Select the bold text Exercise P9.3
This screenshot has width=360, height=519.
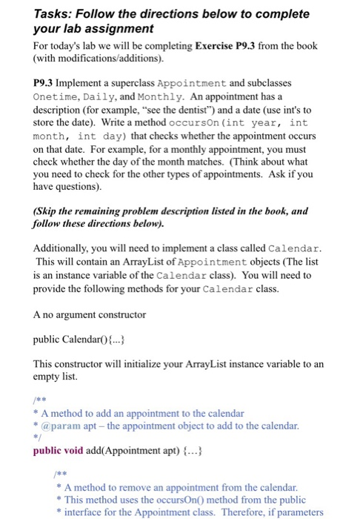point(230,46)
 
